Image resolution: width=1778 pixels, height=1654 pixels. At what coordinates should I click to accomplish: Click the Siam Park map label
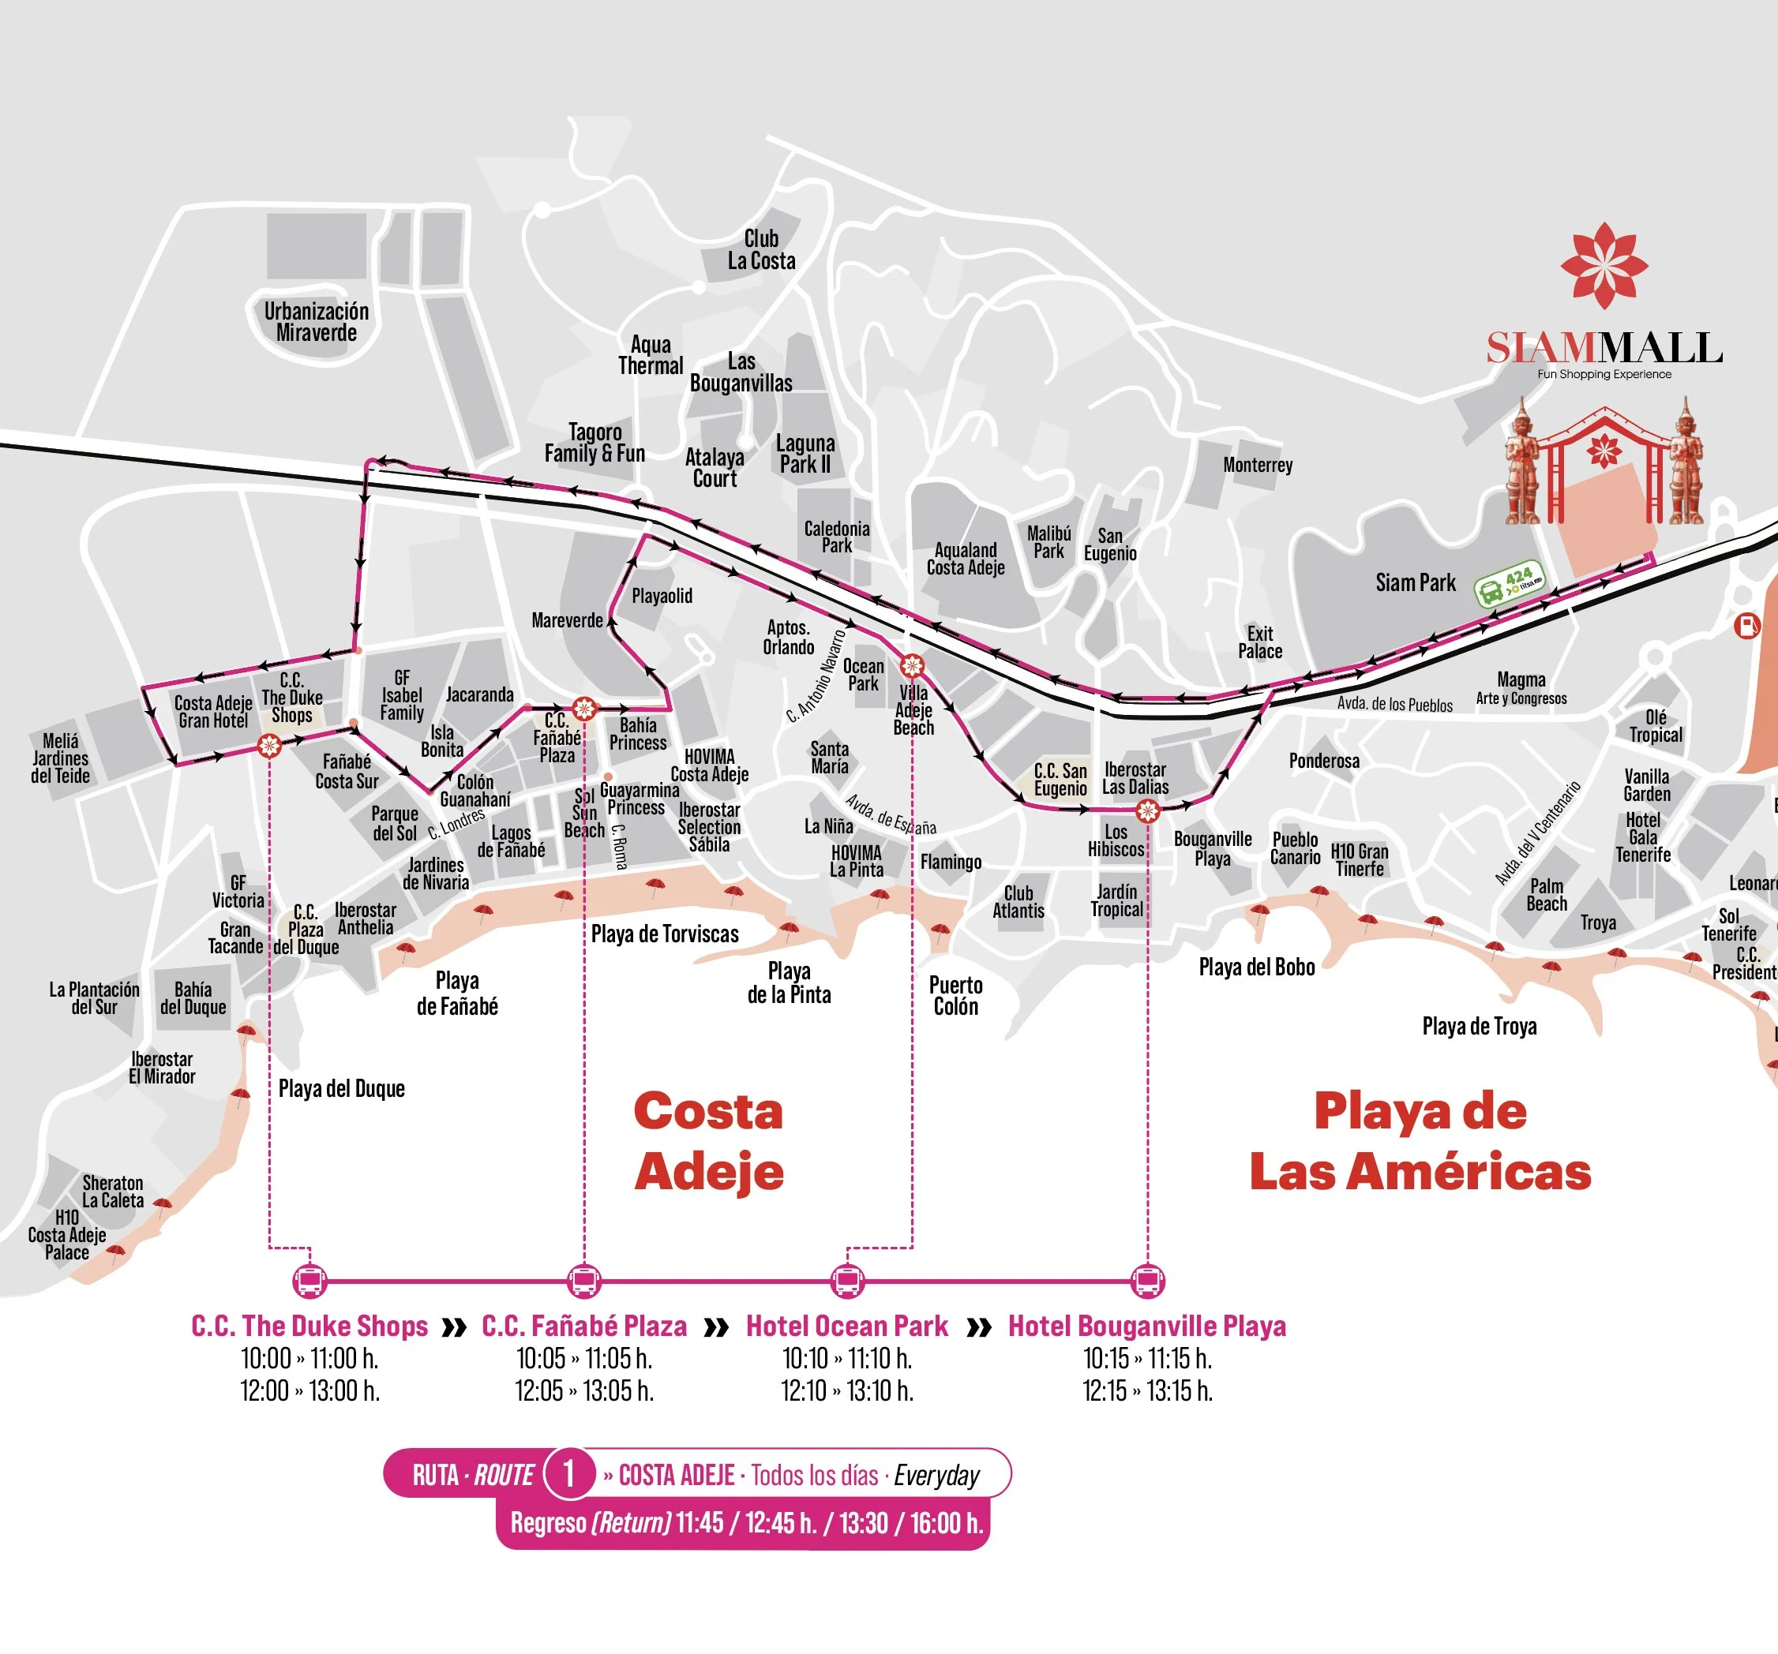[x=1415, y=583]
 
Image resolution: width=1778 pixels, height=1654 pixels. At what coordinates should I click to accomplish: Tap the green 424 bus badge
[x=1509, y=584]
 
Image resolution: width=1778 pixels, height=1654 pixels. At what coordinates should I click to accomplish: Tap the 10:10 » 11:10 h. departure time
[x=847, y=1358]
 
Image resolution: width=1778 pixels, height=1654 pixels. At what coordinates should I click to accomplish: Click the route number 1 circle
[x=568, y=1473]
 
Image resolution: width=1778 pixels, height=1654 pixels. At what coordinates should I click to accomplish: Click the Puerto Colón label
[x=955, y=995]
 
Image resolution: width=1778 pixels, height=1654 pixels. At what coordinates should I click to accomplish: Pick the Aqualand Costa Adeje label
[x=965, y=559]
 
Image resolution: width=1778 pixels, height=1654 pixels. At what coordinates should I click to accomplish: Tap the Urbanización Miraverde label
[x=316, y=322]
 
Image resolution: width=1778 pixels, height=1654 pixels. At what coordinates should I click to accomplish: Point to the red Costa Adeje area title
[x=708, y=1141]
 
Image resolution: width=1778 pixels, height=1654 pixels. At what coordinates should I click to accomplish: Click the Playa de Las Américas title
[x=1420, y=1141]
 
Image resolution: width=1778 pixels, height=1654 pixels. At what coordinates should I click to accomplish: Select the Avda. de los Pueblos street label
[x=1394, y=705]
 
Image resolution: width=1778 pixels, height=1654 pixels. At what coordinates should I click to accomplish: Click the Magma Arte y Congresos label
[x=1521, y=688]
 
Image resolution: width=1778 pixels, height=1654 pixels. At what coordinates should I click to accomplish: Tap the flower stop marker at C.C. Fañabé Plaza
[x=584, y=709]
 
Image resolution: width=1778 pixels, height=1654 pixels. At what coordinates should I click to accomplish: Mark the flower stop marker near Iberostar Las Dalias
[x=1147, y=811]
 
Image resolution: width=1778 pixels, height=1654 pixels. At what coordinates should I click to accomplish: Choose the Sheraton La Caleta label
[x=113, y=1192]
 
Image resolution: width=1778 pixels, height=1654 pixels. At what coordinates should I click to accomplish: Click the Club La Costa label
[x=761, y=249]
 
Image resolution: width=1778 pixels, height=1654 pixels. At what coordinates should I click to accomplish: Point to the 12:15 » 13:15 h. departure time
[x=1147, y=1390]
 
